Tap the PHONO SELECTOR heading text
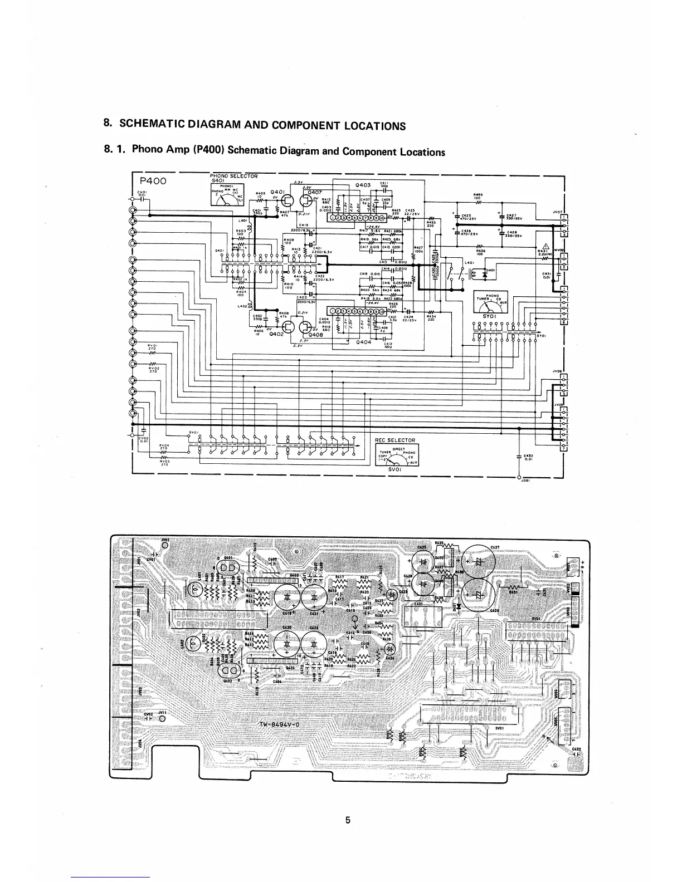coord(234,176)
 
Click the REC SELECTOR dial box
coord(398,454)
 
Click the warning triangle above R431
coord(547,248)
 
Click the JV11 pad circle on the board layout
coord(162,718)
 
